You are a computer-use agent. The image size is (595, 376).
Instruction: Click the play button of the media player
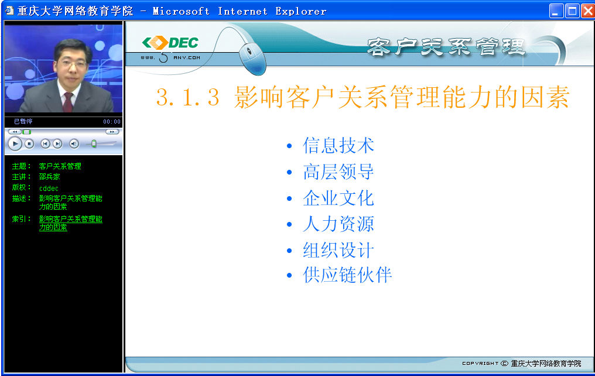tap(15, 144)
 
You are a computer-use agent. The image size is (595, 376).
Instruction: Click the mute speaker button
tap(74, 144)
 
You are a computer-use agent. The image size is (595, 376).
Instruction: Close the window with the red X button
tap(588, 11)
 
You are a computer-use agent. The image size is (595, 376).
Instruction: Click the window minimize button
tap(556, 11)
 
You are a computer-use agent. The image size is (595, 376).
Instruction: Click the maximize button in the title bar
tap(572, 11)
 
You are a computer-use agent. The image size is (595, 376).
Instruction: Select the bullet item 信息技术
tap(338, 145)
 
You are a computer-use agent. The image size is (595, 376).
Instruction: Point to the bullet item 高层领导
tap(338, 172)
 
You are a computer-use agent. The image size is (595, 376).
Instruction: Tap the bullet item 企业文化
tap(338, 198)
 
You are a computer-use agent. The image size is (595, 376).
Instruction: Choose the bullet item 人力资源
tap(338, 224)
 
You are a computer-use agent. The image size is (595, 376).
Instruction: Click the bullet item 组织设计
tap(338, 250)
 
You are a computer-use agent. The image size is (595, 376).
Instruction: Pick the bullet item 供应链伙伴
tap(347, 275)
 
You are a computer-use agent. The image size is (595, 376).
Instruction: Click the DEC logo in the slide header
tap(170, 43)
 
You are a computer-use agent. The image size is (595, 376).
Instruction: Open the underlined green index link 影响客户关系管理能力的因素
tap(71, 223)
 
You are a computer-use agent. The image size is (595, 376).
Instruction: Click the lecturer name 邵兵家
tap(49, 177)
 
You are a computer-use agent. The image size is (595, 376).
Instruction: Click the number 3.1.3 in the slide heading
tap(188, 97)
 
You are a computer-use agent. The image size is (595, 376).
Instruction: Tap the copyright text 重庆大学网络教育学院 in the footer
tap(546, 364)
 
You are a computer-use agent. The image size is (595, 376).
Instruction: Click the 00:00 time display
tap(111, 122)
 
